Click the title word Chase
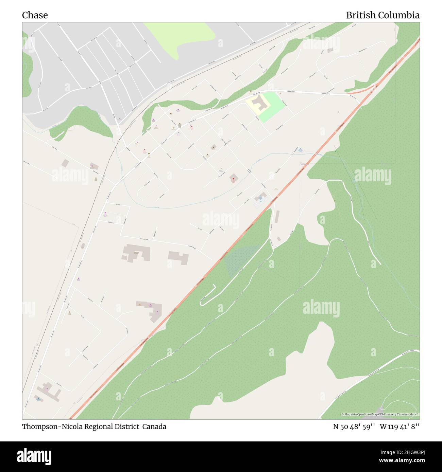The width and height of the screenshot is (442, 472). pyautogui.click(x=35, y=15)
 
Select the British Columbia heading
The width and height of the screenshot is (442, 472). pyautogui.click(x=382, y=15)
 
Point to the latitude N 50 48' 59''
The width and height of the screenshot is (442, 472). pyautogui.click(x=354, y=427)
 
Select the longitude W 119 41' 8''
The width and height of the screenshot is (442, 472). pyautogui.click(x=400, y=427)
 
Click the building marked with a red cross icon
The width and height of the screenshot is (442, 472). pyautogui.click(x=234, y=178)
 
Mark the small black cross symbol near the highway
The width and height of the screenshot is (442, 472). pyautogui.click(x=339, y=112)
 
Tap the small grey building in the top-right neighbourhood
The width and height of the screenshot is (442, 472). pyautogui.click(x=330, y=50)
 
